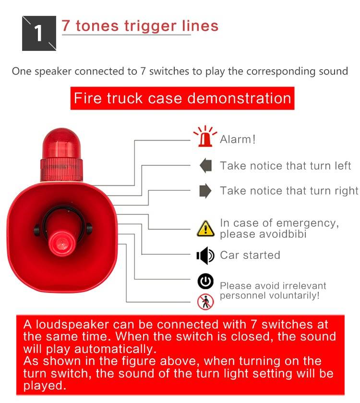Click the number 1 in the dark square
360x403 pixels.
[x=38, y=33]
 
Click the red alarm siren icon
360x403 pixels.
[x=205, y=136]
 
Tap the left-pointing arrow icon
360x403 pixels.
[x=205, y=165]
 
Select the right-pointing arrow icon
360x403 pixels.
[x=205, y=191]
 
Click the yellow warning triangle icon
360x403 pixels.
[x=205, y=229]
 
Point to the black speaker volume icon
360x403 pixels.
[x=205, y=256]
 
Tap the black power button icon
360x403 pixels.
[x=205, y=281]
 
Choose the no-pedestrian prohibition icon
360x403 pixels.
[x=205, y=302]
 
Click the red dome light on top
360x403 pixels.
[x=61, y=144]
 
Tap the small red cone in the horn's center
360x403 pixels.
[x=62, y=244]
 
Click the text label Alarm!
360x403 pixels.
[x=238, y=139]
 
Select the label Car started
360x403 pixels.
[x=250, y=255]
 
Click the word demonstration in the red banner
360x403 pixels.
[x=240, y=98]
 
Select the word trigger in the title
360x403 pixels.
[x=150, y=27]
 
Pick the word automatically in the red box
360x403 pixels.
[x=115, y=349]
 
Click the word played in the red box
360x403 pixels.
[x=45, y=386]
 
